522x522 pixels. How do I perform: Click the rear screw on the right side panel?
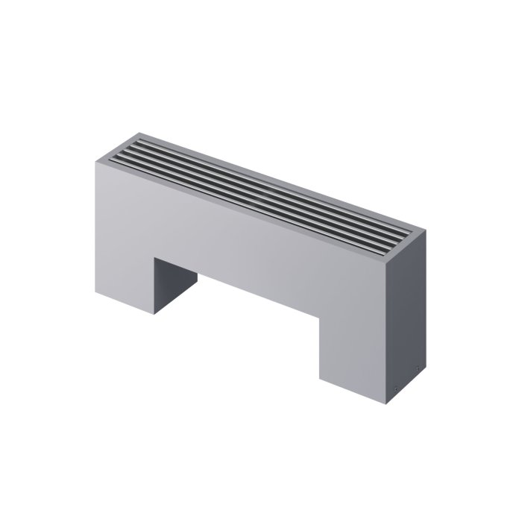click(418, 367)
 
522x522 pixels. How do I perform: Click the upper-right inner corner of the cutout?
click(320, 318)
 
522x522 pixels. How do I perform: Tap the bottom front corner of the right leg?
click(391, 403)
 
